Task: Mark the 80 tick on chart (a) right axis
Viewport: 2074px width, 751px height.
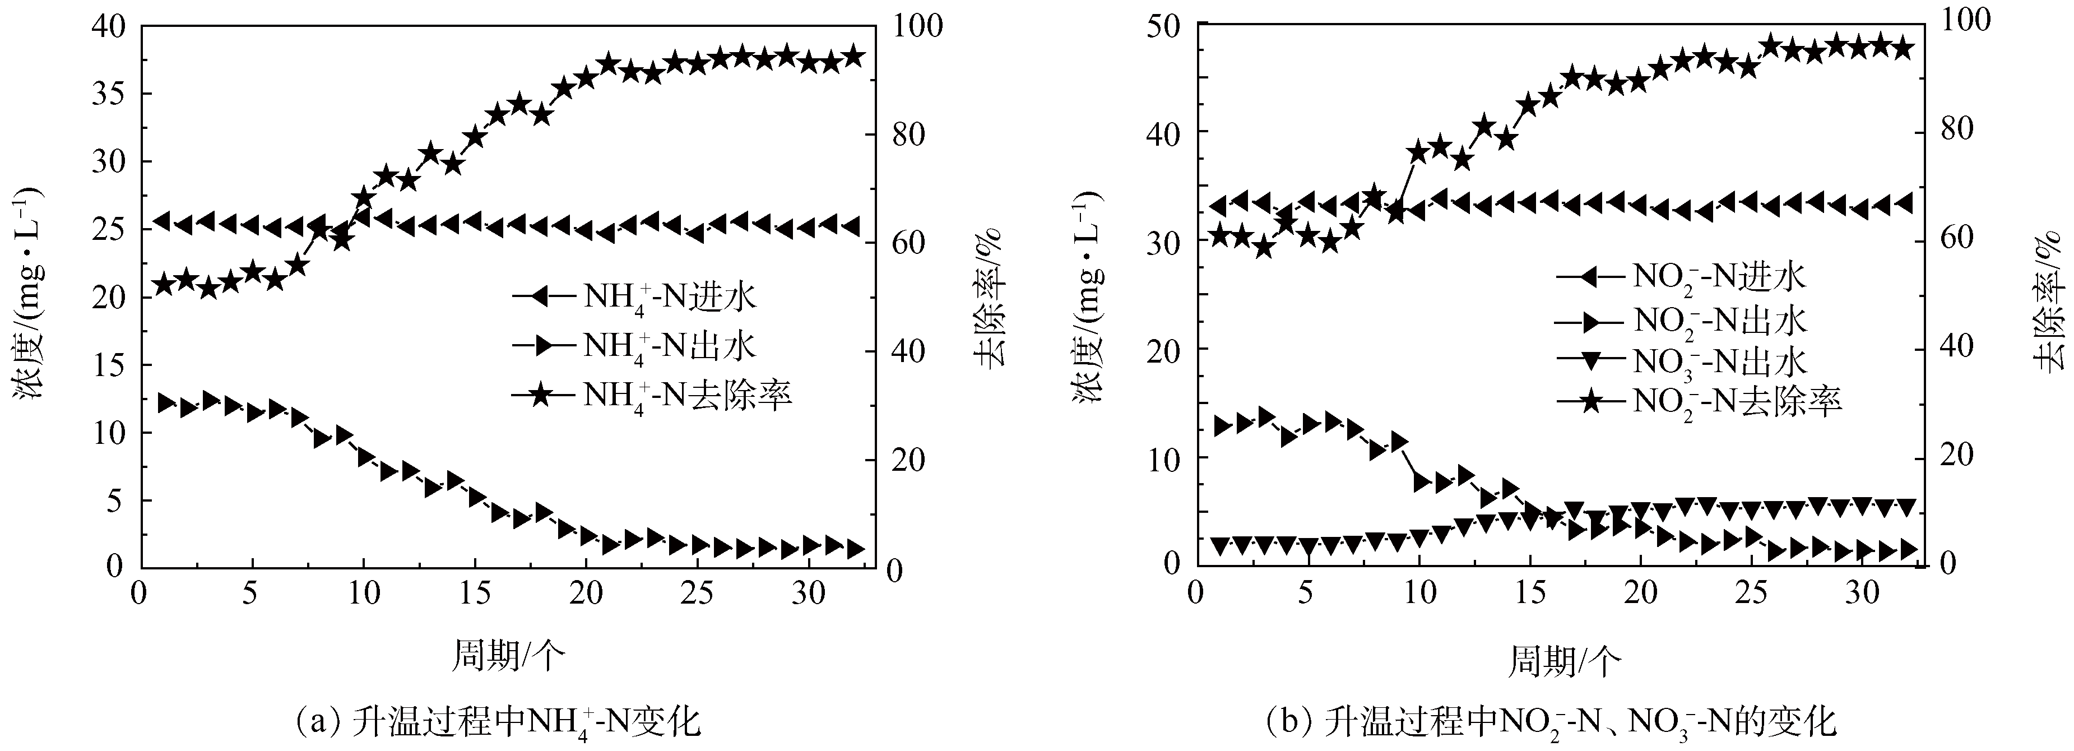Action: tap(903, 133)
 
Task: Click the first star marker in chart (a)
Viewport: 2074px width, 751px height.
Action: tap(164, 284)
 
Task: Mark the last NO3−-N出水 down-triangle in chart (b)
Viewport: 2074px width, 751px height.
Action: tap(1906, 506)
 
